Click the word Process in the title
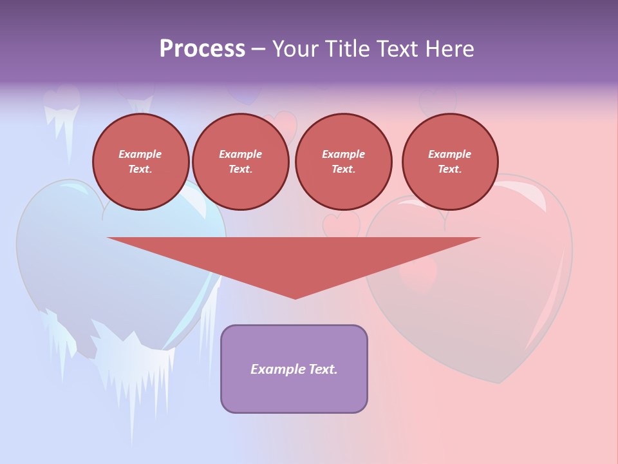(x=202, y=49)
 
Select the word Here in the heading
(x=450, y=49)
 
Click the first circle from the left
(x=141, y=162)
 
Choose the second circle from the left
(x=240, y=162)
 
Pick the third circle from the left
(x=343, y=162)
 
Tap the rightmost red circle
(x=450, y=162)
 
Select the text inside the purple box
(x=294, y=369)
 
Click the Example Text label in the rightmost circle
(x=450, y=162)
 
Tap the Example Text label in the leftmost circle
(x=141, y=162)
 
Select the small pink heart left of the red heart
(x=341, y=224)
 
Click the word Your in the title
(x=294, y=49)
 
